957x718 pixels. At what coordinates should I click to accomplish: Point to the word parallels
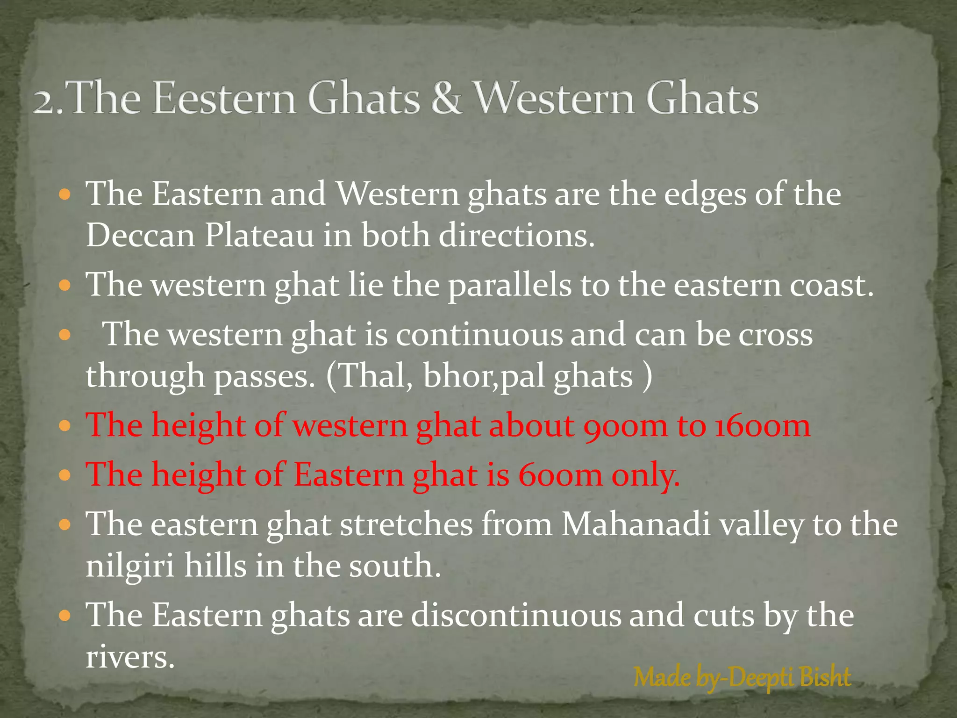pos(510,285)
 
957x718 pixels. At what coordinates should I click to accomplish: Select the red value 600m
pos(560,475)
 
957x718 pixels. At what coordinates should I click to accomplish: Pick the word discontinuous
pos(516,615)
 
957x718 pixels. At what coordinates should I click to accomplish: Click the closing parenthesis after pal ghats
pos(647,376)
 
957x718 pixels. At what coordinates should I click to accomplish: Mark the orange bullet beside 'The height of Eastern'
pos(65,476)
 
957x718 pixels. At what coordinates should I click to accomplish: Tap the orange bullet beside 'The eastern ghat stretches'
pos(65,525)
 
